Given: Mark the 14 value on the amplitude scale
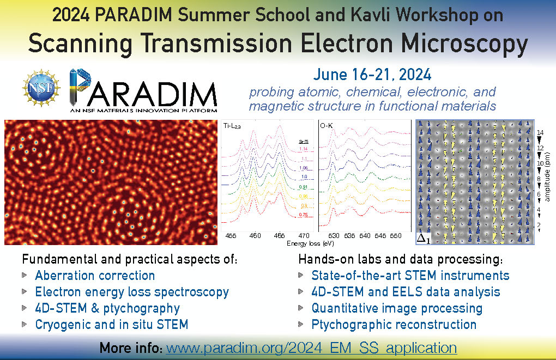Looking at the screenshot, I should pos(540,132).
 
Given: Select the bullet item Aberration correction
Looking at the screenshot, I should pos(95,275).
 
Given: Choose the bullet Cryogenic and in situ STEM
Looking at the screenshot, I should pos(111,325).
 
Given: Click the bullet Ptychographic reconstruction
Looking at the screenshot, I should pos(394,325).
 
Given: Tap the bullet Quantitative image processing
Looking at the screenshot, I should pos(396,308).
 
